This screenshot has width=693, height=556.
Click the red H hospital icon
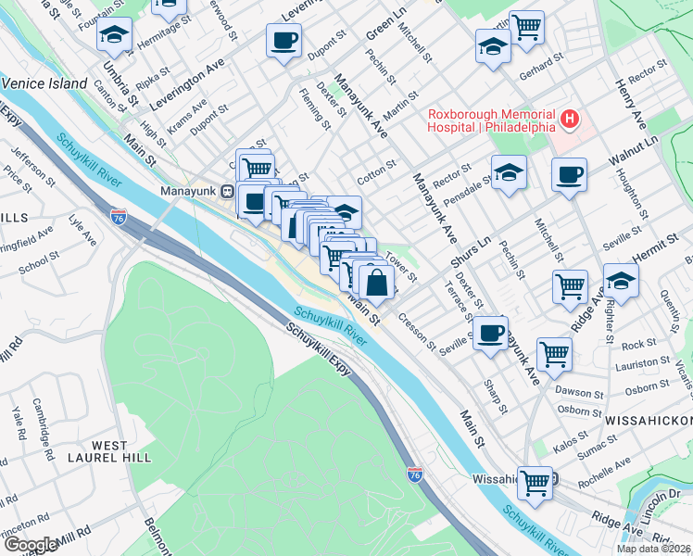[x=570, y=120]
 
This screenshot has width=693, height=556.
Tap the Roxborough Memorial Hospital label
[x=491, y=120]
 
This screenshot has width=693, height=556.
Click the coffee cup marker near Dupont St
[x=283, y=41]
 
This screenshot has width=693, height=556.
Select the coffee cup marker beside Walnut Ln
[x=569, y=174]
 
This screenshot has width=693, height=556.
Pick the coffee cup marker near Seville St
[x=490, y=333]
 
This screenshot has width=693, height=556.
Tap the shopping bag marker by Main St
[x=377, y=282]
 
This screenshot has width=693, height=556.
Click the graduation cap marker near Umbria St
[x=115, y=35]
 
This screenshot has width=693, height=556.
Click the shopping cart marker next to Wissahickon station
[x=535, y=482]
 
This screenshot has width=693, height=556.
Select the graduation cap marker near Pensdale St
[x=509, y=173]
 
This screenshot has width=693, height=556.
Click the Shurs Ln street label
[x=470, y=251]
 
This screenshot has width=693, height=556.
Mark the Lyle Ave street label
[x=82, y=231]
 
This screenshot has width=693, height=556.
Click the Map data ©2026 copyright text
[x=654, y=548]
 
